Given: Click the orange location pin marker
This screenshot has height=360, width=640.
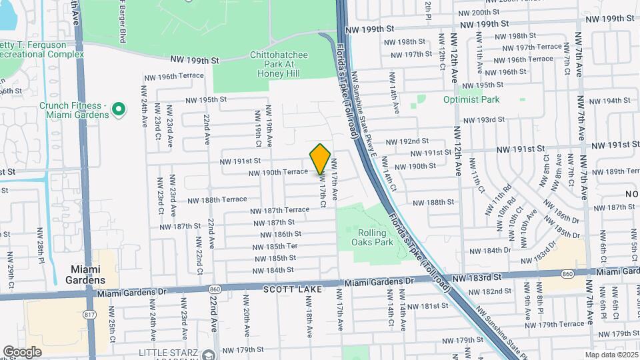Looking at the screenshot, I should [321, 158].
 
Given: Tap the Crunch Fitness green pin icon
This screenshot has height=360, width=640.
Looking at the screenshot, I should [119, 107].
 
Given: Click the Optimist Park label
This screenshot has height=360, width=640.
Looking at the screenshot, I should [471, 100].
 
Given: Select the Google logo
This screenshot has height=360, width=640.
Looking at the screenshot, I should [22, 351].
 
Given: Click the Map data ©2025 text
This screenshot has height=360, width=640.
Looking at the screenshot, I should [611, 355].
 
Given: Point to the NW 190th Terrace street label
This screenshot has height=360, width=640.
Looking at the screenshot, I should [278, 172].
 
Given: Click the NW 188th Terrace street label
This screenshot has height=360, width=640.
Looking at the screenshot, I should [217, 199].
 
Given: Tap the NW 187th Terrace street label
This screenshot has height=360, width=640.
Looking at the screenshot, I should [280, 210].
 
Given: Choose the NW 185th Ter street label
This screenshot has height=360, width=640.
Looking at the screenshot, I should [275, 247].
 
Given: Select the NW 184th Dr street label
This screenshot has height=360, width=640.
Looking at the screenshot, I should [491, 251].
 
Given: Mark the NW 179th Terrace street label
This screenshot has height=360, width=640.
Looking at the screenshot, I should [553, 324].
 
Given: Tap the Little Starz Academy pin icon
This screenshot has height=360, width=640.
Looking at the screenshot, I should [209, 354].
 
